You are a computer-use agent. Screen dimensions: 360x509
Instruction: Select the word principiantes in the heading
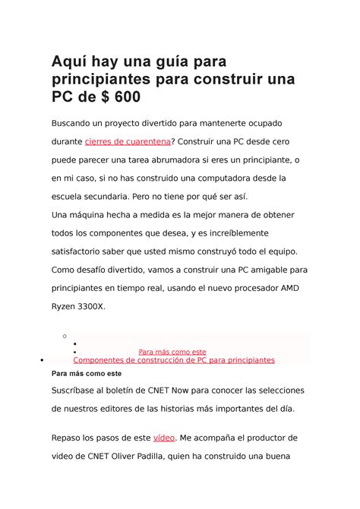point(96,79)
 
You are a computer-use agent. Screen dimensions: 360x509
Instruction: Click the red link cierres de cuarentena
point(128,141)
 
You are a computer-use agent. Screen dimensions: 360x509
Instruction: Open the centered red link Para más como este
point(172,352)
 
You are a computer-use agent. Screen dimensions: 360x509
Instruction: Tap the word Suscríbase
point(80,390)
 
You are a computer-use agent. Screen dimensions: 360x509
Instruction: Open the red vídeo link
point(164,438)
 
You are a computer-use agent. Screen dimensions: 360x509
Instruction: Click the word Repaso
point(70,438)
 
